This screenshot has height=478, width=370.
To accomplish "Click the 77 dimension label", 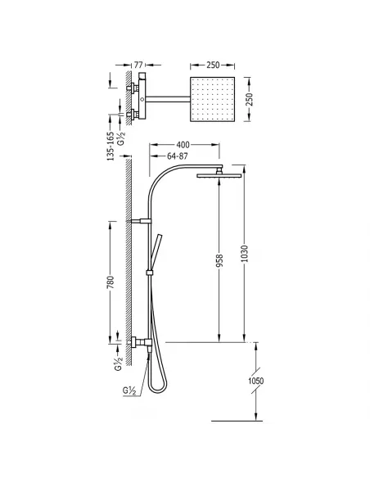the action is tap(138, 65).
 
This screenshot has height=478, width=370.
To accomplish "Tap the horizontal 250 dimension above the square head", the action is tap(213, 65).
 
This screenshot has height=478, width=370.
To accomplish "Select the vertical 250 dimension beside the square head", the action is tap(250, 99).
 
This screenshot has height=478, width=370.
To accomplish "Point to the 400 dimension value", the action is tap(183, 145).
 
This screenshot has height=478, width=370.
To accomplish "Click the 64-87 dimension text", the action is tap(178, 156).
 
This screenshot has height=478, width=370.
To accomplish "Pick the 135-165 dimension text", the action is tap(111, 146).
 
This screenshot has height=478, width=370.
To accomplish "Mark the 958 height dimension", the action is tap(219, 261).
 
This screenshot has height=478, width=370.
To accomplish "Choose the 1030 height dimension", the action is tap(245, 254).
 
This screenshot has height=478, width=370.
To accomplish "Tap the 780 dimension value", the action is tap(111, 282).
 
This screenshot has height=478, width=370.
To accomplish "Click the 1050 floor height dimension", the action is tap(255, 381).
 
